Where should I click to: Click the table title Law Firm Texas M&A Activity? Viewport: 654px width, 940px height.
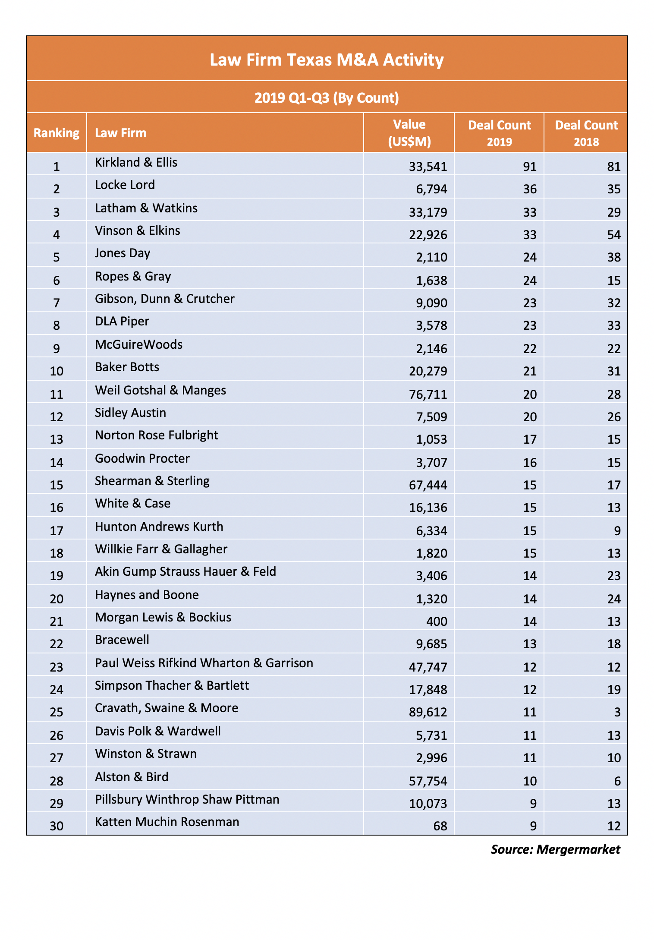click(x=327, y=60)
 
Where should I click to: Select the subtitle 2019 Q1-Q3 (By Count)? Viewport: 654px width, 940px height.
click(x=327, y=98)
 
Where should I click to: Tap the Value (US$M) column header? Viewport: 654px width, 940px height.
click(x=409, y=133)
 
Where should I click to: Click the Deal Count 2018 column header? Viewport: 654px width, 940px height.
click(x=586, y=133)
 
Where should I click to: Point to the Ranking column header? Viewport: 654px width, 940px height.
click(x=57, y=133)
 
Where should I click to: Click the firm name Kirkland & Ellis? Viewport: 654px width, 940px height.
click(x=136, y=163)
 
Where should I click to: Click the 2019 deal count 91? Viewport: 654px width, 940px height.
click(x=529, y=166)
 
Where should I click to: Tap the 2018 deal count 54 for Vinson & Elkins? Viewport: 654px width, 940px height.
click(x=613, y=235)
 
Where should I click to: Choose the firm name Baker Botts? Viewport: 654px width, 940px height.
click(x=127, y=367)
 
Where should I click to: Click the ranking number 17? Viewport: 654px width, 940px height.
click(x=57, y=530)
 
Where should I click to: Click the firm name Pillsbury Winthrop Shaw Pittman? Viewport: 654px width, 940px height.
click(x=187, y=800)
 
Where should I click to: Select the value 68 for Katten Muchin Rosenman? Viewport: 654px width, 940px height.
click(x=440, y=826)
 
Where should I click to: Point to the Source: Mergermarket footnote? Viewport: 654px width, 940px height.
click(x=556, y=849)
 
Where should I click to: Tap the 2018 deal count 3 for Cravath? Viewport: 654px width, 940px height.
click(x=617, y=712)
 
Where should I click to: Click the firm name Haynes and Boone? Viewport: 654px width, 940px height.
click(x=147, y=595)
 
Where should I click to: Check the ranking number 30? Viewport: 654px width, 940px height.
click(x=57, y=826)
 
